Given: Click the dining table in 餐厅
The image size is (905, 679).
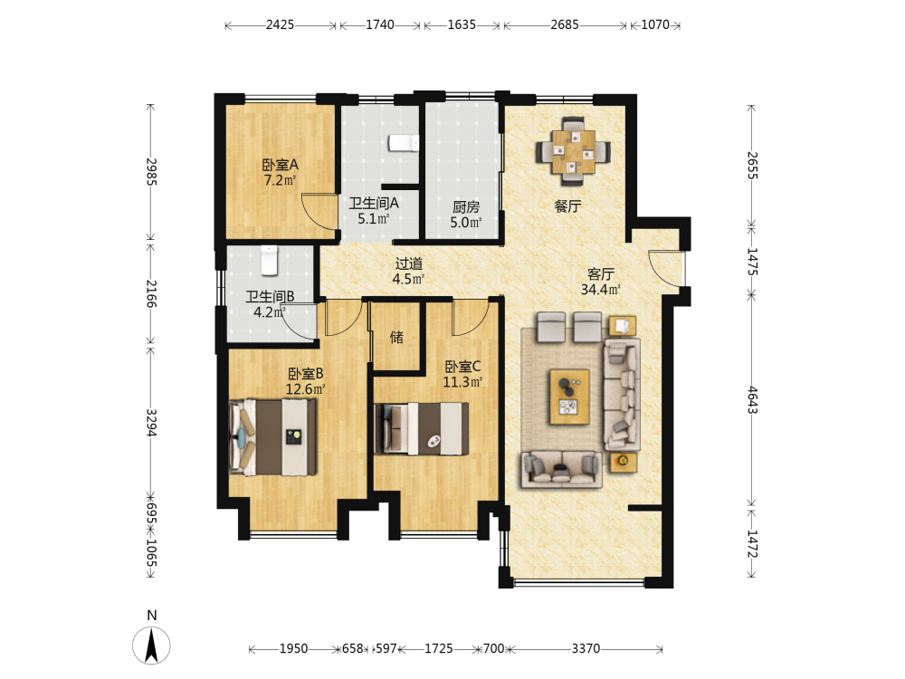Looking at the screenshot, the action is (573, 152).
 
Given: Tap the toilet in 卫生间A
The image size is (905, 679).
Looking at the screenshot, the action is (404, 142).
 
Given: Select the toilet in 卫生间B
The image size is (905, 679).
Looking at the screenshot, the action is (269, 260).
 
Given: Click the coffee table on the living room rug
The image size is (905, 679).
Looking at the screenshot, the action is (569, 397).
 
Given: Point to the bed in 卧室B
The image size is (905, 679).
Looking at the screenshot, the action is (272, 436).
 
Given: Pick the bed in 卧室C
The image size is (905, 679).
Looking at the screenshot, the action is (422, 428).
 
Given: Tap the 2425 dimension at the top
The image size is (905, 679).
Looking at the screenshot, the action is (280, 24).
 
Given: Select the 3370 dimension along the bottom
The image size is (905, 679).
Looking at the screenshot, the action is (586, 649).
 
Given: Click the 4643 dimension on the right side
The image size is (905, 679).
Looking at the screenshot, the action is (752, 399).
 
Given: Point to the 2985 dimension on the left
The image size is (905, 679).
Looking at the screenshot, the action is (151, 171).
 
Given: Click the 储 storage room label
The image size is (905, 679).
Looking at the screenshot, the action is (396, 337).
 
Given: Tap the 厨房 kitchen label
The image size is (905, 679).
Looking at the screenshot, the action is (466, 206).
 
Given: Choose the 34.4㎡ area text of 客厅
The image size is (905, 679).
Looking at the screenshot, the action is (600, 290).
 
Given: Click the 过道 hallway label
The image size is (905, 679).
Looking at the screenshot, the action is (409, 263).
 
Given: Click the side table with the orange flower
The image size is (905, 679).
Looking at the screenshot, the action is (624, 461).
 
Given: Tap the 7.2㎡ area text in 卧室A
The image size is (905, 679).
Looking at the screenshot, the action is (280, 180).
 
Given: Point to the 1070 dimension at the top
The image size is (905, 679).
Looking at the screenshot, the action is (655, 24).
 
